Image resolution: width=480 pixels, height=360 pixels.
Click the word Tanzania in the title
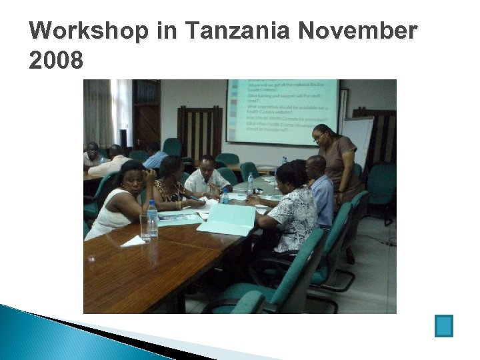click(234, 31)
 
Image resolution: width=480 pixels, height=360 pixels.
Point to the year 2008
click(57, 61)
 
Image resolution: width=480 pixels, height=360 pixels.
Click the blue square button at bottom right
click(443, 325)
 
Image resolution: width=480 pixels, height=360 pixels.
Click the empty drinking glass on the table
click(144, 227)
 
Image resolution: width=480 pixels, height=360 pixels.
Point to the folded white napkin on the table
click(133, 241)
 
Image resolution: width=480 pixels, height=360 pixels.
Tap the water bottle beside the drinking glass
click(153, 219)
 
